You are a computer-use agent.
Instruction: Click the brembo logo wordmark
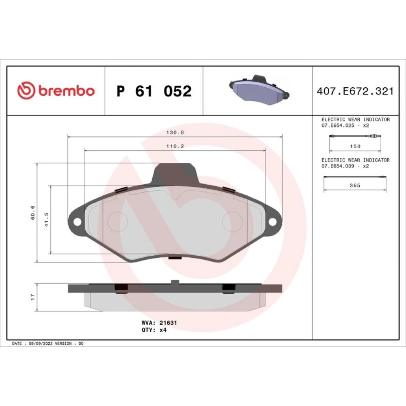(x=67, y=91)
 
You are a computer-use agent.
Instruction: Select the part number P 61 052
(x=154, y=91)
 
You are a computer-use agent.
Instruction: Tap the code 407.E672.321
(x=355, y=91)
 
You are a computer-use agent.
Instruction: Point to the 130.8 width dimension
(x=175, y=133)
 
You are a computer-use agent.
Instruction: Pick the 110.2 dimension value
(x=175, y=146)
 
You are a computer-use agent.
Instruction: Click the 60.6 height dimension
(x=32, y=213)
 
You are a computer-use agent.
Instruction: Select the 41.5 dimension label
(x=46, y=220)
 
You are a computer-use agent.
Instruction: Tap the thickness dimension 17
(x=32, y=297)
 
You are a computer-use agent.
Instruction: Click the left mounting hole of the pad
(x=77, y=222)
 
